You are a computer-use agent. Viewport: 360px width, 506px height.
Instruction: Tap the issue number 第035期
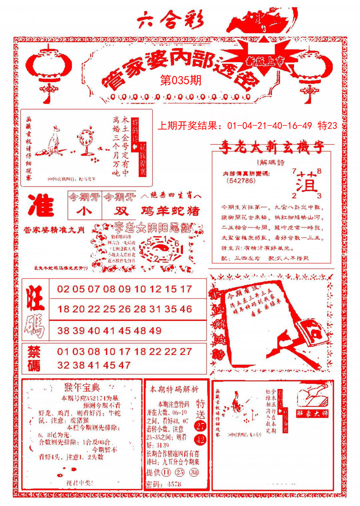tap(181, 80)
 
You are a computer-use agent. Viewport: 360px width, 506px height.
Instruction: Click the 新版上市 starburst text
tap(265, 61)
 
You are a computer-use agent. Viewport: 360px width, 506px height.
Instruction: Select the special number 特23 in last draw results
tap(328, 126)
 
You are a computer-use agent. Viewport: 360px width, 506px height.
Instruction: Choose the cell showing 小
tap(84, 210)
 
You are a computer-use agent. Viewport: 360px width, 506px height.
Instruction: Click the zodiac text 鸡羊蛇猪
tap(170, 210)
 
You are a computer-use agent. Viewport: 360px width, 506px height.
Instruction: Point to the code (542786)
tap(241, 181)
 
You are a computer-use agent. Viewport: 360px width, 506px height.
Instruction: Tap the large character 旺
tap(35, 298)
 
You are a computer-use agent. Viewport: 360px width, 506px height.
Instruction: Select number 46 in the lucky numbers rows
tap(186, 309)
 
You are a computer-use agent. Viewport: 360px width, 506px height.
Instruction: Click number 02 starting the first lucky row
tap(63, 289)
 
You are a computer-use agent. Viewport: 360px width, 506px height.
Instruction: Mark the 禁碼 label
tap(34, 359)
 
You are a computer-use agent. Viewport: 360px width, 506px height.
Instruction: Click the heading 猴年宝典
tap(82, 388)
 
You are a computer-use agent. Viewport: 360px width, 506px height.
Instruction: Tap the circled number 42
tap(201, 440)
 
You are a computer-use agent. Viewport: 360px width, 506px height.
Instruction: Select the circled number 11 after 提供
tap(166, 472)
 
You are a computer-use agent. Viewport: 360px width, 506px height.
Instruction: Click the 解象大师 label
tap(312, 414)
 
